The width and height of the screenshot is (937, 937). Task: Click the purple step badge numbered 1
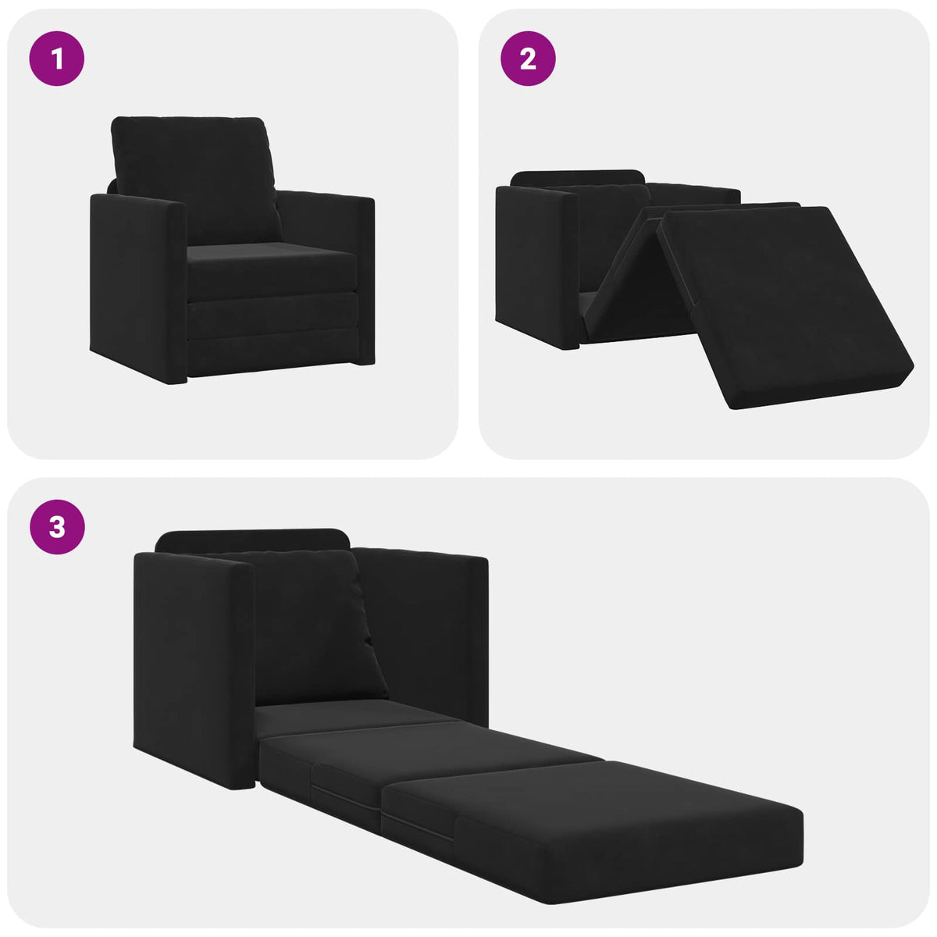coord(56,58)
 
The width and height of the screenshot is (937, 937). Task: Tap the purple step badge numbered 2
coord(528,58)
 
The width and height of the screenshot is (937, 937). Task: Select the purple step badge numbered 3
coord(57,527)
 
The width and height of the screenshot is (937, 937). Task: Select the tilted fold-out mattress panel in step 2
coord(781,305)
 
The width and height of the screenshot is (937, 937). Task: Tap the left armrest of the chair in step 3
coord(191,664)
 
